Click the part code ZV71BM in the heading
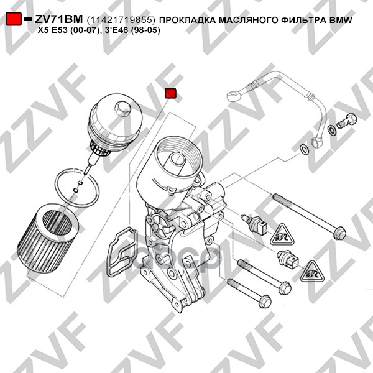click(59, 19)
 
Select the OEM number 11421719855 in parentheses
click(121, 20)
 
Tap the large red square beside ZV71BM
click(14, 19)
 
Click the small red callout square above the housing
click(170, 93)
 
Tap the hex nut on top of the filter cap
click(122, 108)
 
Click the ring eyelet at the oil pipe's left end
click(234, 95)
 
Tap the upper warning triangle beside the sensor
click(282, 235)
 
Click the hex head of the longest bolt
click(339, 233)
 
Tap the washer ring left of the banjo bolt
click(331, 130)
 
